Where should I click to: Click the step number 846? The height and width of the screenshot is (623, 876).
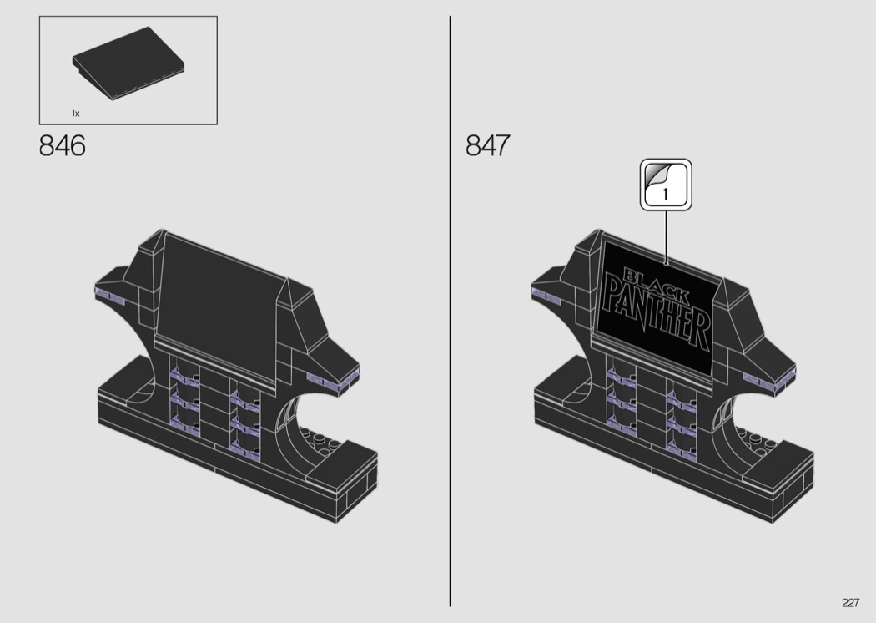(62, 145)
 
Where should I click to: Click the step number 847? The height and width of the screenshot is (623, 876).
(488, 145)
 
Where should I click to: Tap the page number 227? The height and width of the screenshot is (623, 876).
(850, 603)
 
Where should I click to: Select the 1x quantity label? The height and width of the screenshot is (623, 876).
(76, 114)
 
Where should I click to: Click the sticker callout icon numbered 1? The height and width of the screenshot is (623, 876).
(666, 185)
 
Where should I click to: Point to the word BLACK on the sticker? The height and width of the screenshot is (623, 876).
(656, 286)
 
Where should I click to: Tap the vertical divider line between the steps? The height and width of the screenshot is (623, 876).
(450, 311)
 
